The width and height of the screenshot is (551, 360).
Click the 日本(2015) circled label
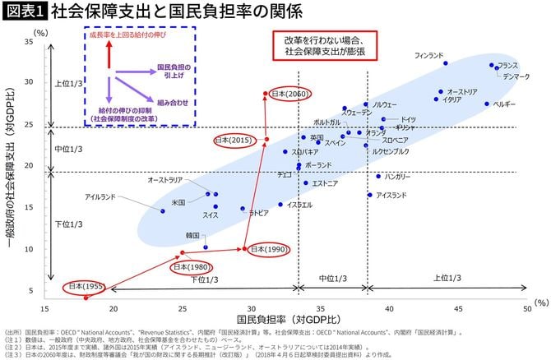pyautogui.click(x=234, y=141)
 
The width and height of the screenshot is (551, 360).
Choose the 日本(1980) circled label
pyautogui.click(x=191, y=267)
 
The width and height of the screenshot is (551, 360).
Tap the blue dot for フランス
pyautogui.click(x=492, y=65)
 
